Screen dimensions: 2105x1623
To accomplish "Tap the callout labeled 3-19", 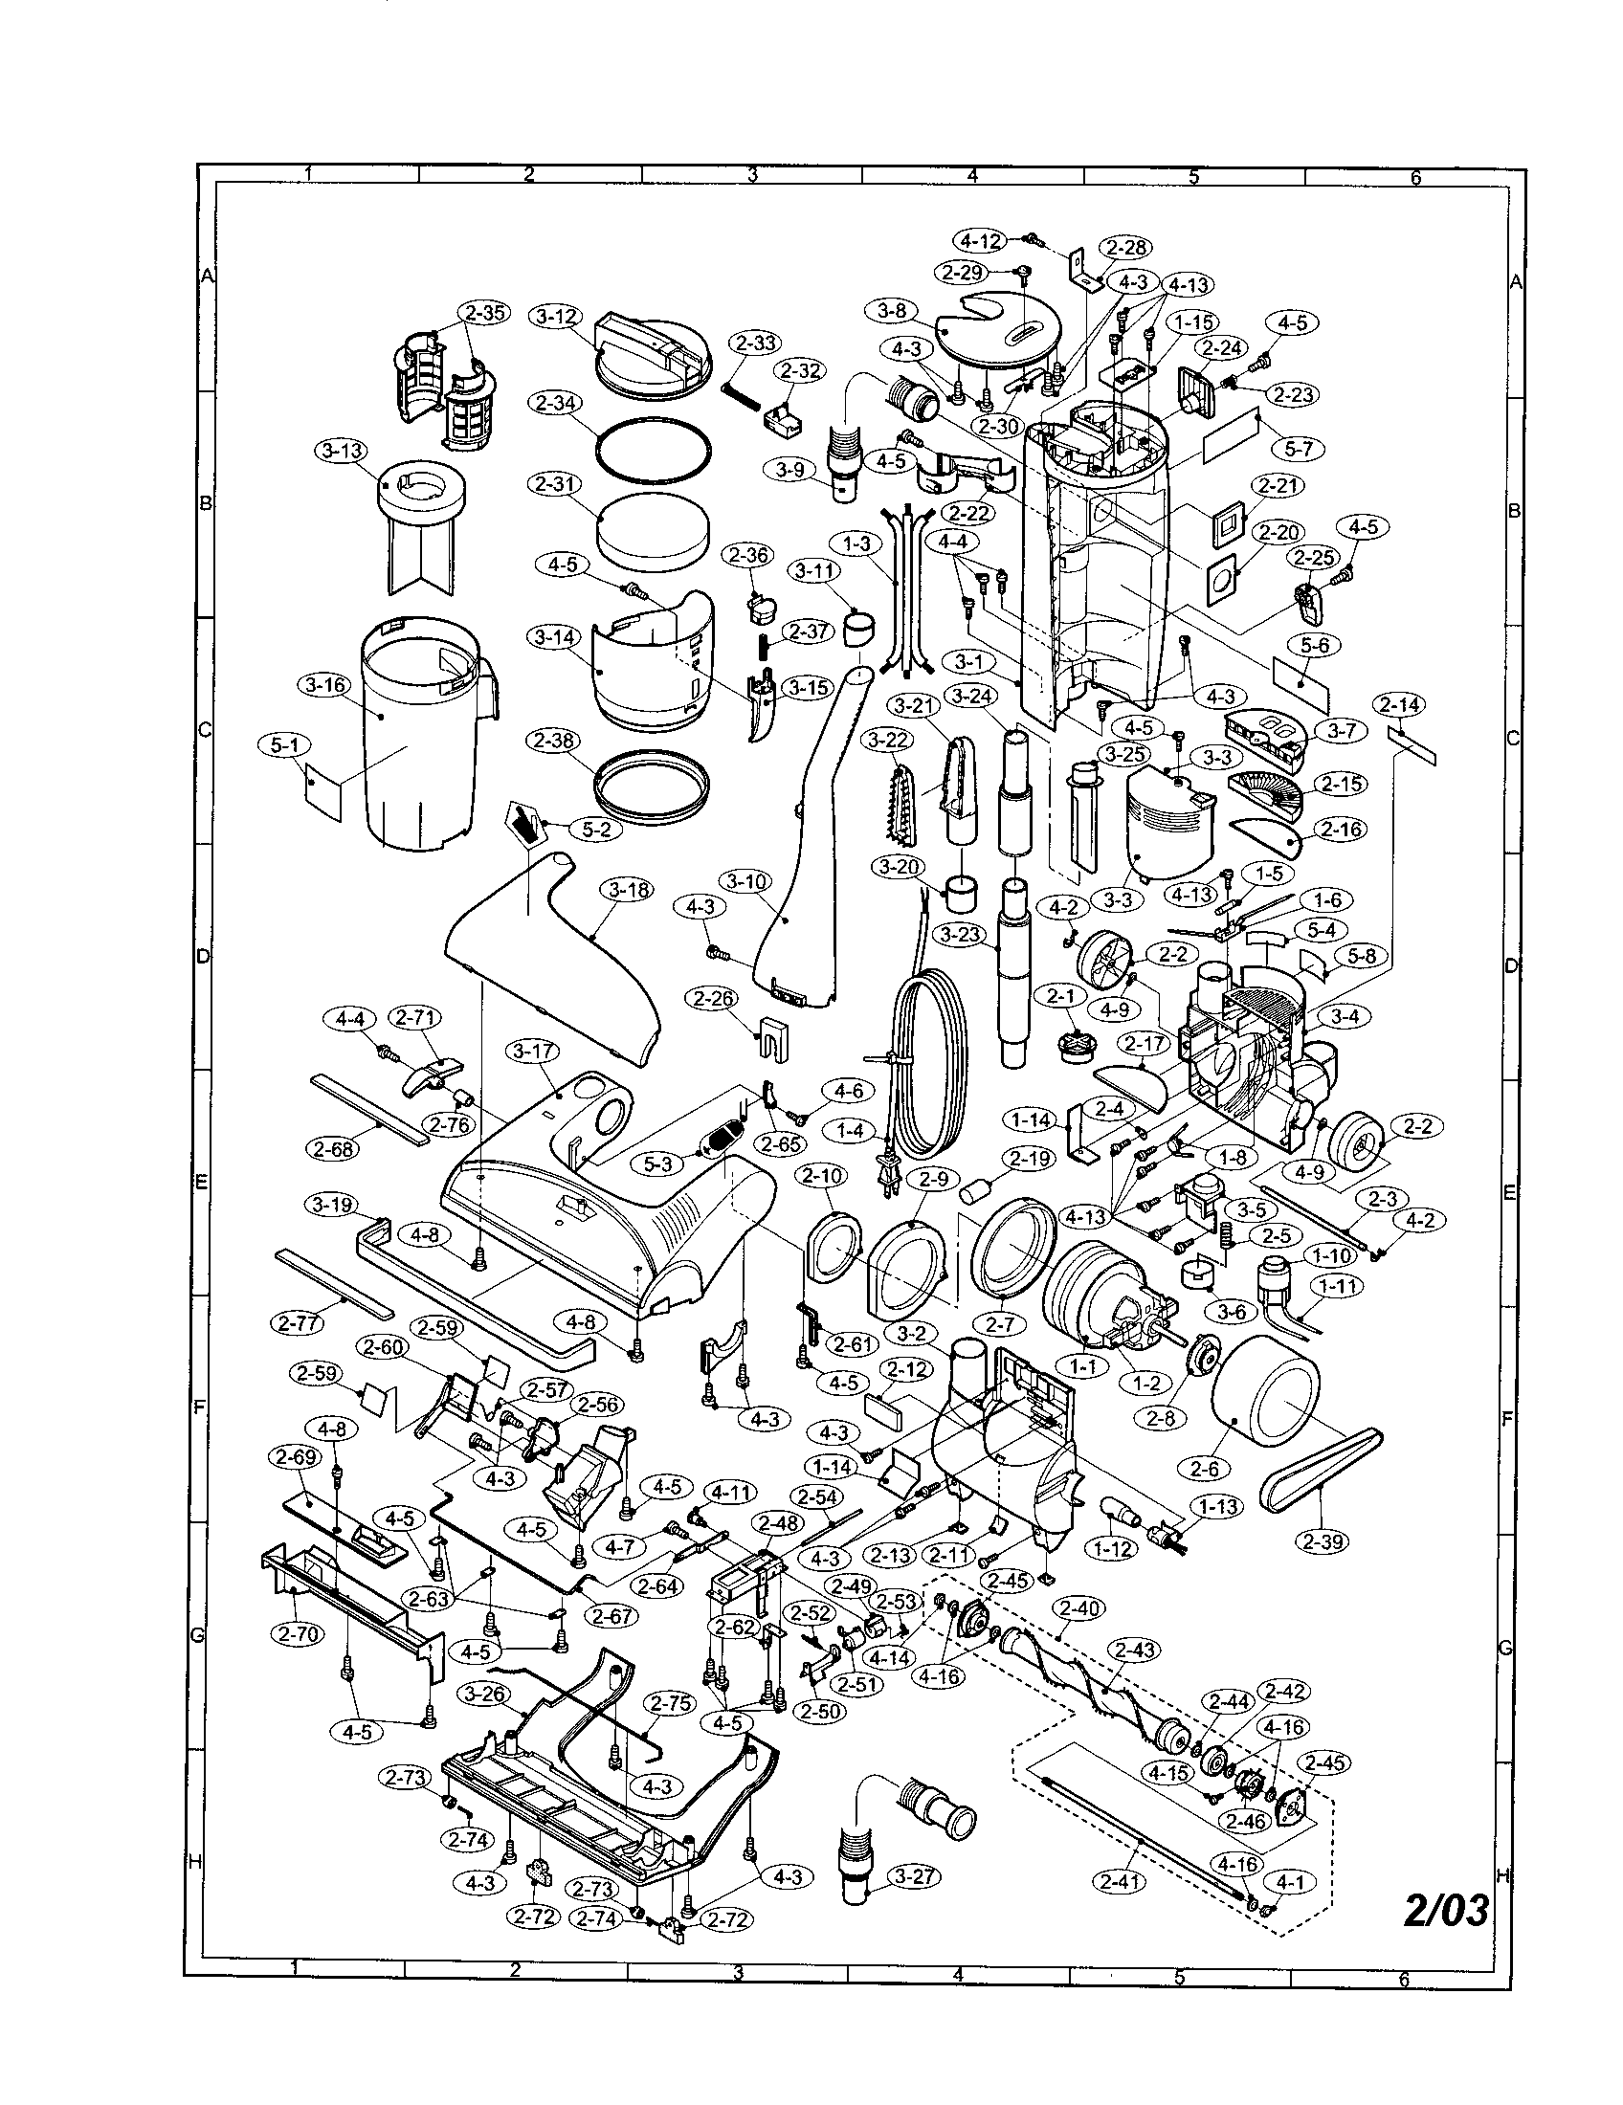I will click(331, 1205).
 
